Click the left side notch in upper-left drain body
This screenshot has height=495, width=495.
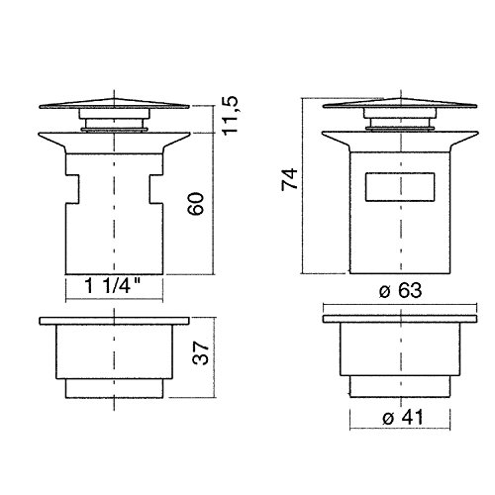[x=71, y=188]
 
